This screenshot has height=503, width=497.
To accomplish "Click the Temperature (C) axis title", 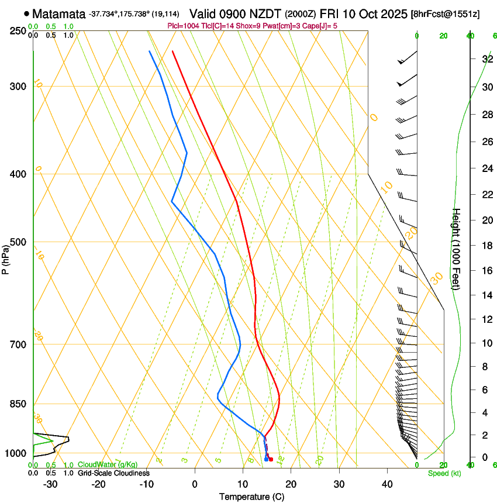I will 251,497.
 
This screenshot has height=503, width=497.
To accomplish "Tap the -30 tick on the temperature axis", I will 50,484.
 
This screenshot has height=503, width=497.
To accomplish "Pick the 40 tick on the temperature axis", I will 387,484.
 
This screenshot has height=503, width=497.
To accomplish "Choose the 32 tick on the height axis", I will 486,58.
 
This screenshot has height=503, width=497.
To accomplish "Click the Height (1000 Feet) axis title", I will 457,249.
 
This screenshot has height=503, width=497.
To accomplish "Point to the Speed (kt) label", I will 444,473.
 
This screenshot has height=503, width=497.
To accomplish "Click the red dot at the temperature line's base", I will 271,459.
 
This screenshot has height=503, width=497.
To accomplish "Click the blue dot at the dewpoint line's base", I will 266,459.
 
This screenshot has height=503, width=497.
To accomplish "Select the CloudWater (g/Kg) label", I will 99,465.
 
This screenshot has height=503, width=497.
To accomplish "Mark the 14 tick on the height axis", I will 486,295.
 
